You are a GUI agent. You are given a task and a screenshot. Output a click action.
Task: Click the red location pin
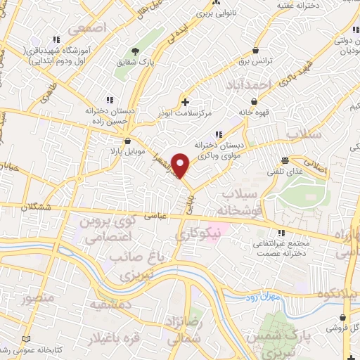181,165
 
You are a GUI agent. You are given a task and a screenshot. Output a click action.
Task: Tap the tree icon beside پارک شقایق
135,51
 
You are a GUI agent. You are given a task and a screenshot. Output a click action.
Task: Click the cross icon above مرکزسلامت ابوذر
185,103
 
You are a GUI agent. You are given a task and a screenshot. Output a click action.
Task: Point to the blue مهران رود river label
284,297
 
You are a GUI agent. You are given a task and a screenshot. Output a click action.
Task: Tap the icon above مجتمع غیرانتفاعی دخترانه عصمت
281,233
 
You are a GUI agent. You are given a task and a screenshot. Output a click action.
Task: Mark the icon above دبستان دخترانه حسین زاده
110,100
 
